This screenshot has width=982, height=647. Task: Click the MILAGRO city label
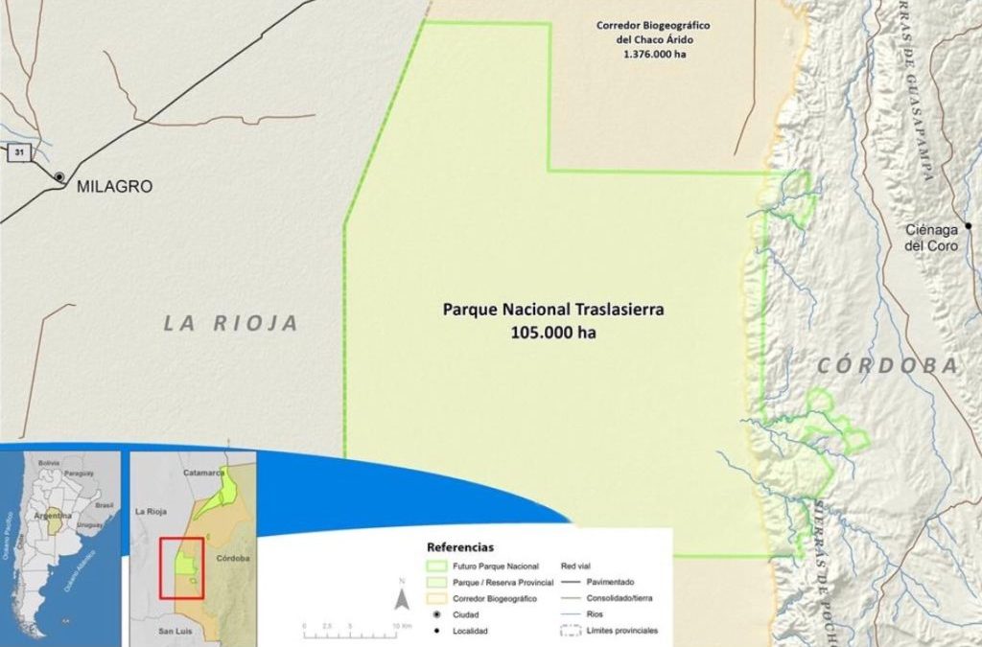114,187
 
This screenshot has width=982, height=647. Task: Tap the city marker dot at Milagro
59,177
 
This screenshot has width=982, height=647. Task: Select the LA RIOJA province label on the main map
231,323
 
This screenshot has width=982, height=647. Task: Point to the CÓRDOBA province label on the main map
888,365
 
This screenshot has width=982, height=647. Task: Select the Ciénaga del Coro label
931,238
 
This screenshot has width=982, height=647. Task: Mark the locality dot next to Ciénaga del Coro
969,226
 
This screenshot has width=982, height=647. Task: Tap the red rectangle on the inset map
181,568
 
